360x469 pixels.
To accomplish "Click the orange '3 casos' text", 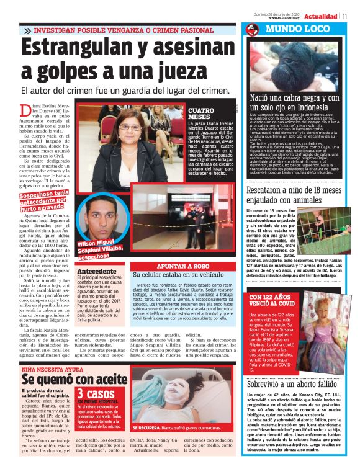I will [x=96, y=393].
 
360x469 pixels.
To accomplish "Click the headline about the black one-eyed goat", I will [x=294, y=102].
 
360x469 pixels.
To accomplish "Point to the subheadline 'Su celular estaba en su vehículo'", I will [x=186, y=274].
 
